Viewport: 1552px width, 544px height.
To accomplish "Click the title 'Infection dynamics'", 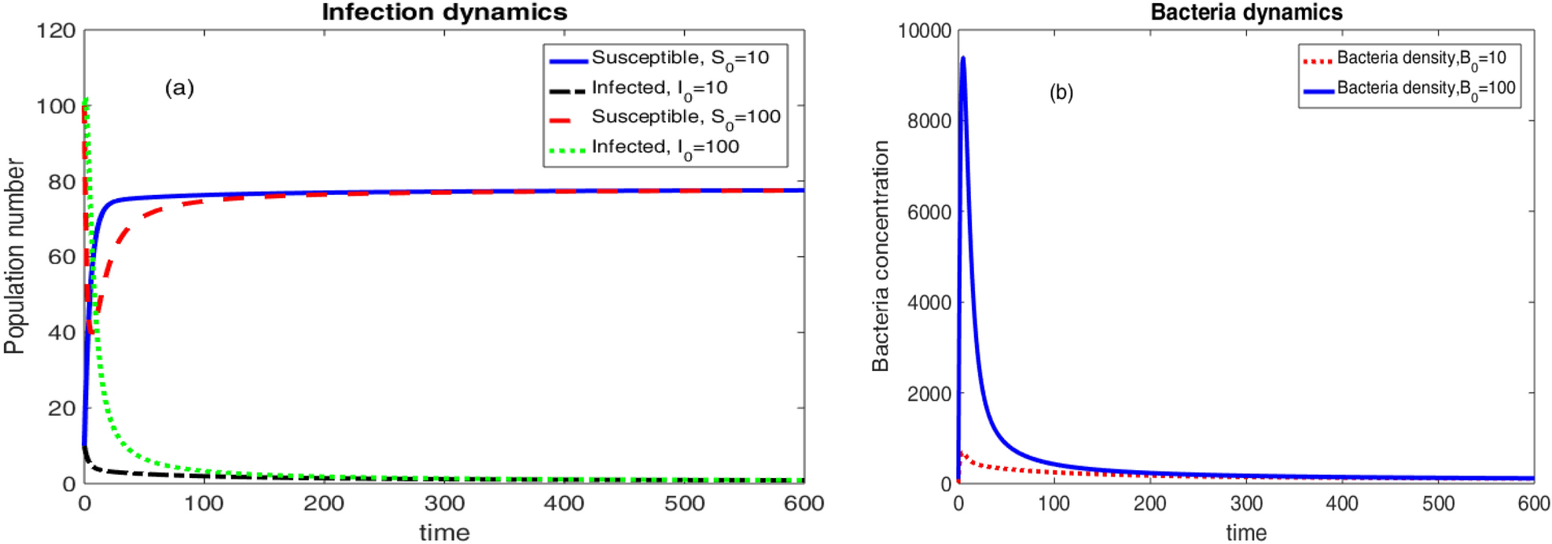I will [x=444, y=13].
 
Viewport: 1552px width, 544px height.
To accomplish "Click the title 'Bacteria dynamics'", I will [x=1246, y=13].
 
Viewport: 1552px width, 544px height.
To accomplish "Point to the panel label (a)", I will [x=179, y=87].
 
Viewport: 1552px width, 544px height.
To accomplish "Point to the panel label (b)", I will [x=1061, y=93].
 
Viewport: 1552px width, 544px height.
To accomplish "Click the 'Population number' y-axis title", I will [x=14, y=256].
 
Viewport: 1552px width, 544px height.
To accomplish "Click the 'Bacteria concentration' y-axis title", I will [x=881, y=256].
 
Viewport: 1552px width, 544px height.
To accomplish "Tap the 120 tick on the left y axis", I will [x=56, y=31].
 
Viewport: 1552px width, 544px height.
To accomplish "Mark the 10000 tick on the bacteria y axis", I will [x=925, y=31].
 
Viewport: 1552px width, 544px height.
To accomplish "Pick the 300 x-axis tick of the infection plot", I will [x=444, y=504].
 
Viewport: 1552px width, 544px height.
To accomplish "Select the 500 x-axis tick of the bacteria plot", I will [x=1438, y=504].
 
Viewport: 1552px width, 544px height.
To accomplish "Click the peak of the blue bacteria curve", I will [x=963, y=57].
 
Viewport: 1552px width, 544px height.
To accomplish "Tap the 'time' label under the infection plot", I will [x=444, y=533].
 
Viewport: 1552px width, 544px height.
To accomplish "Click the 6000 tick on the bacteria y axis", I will [x=929, y=212].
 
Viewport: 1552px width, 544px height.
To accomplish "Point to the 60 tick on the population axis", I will [x=61, y=257].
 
